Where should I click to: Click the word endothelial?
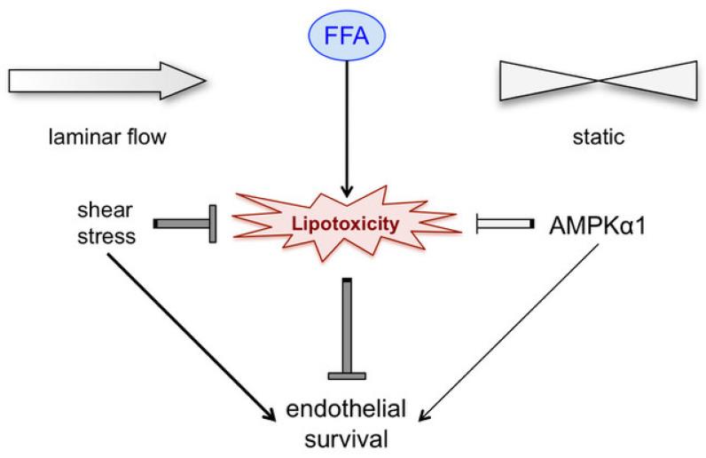[x=348, y=410]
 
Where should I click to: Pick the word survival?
[x=348, y=438]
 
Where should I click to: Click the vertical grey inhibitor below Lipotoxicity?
[x=348, y=328]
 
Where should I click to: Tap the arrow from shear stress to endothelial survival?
[x=191, y=338]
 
